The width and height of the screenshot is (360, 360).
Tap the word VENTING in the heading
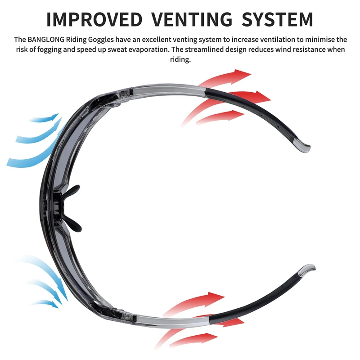pos(192,19)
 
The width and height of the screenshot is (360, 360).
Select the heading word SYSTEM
pos(277,19)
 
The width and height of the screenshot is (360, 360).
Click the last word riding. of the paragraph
pos(180,59)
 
